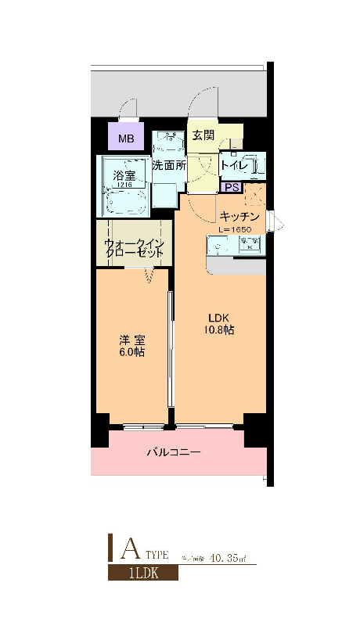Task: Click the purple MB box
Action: (x=125, y=140)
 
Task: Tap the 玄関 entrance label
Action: (x=203, y=135)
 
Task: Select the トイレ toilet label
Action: (x=234, y=165)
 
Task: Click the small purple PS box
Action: (x=231, y=187)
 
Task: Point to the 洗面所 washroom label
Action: (x=168, y=166)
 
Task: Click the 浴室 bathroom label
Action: (x=124, y=174)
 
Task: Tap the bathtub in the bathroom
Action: (x=125, y=202)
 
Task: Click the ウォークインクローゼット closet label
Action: (x=135, y=248)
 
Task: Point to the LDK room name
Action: (x=218, y=317)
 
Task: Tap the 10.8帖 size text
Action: (x=218, y=330)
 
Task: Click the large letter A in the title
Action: (x=129, y=549)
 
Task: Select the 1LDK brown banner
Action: (x=142, y=573)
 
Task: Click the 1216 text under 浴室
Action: (x=124, y=184)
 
